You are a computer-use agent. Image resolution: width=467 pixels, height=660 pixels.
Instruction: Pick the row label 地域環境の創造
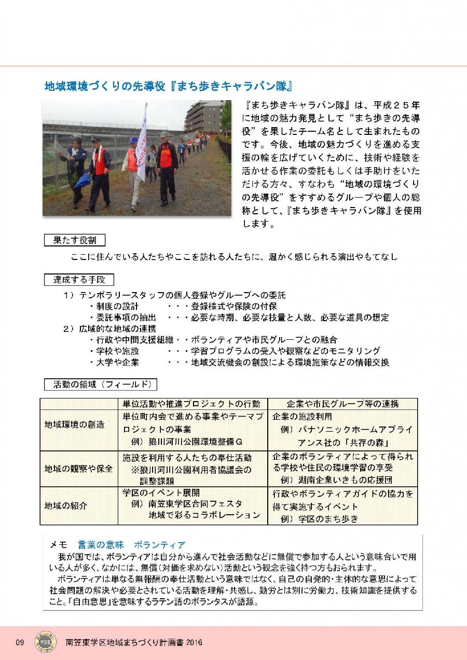pyautogui.click(x=74, y=424)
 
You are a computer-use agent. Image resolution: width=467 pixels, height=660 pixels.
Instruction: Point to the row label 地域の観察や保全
pyautogui.click(x=78, y=468)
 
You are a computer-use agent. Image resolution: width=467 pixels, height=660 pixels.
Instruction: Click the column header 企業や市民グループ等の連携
pyautogui.click(x=343, y=404)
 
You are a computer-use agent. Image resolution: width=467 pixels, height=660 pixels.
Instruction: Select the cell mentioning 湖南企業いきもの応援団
pyautogui.click(x=336, y=480)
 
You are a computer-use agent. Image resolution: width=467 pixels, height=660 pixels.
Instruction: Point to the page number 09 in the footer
pyautogui.click(x=20, y=642)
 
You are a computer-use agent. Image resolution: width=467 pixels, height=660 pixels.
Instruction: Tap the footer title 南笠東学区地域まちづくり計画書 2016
pyautogui.click(x=134, y=642)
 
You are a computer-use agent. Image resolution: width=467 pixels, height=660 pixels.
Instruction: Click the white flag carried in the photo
pyautogui.click(x=142, y=148)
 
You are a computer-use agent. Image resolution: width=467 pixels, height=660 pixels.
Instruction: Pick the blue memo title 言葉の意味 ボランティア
pyautogui.click(x=131, y=545)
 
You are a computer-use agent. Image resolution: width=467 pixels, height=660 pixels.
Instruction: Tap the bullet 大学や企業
pyautogui.click(x=117, y=362)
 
